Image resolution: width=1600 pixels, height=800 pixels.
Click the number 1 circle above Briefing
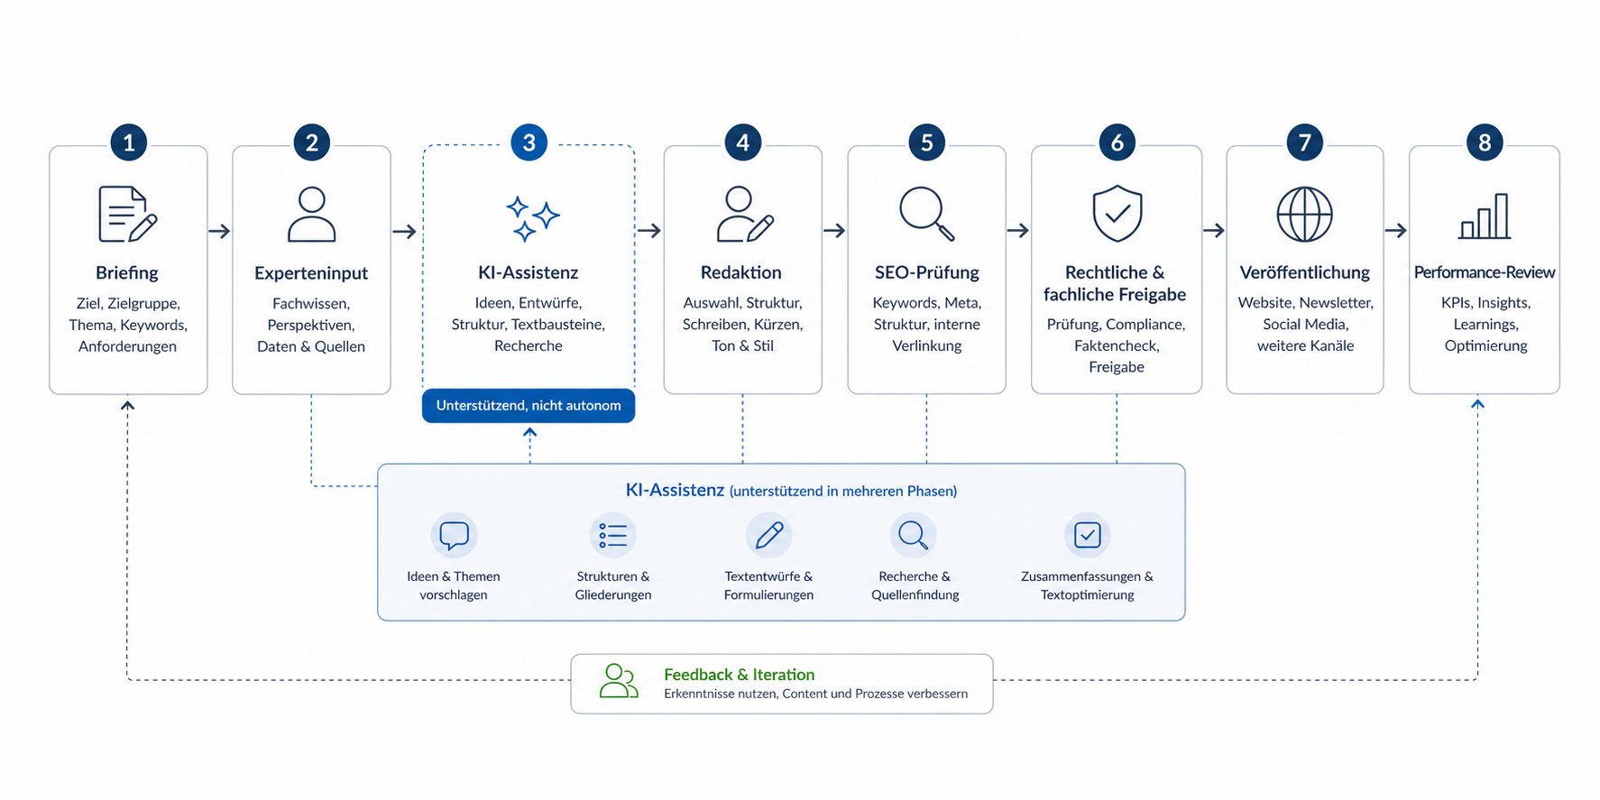pyautogui.click(x=129, y=143)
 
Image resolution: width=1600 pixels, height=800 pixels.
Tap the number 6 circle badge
pyautogui.click(x=1117, y=143)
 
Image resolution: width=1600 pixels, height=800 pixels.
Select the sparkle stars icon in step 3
pyautogui.click(x=531, y=217)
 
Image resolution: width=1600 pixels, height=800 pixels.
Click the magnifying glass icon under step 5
pyautogui.click(x=926, y=213)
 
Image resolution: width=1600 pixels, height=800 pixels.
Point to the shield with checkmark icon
pyautogui.click(x=1117, y=214)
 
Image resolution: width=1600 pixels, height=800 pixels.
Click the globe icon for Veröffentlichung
pyautogui.click(x=1304, y=215)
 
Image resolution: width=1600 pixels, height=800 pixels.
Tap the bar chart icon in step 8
pyautogui.click(x=1485, y=216)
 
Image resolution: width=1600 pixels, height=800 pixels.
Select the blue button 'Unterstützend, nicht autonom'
pyautogui.click(x=529, y=406)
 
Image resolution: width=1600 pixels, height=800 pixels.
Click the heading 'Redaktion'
pyautogui.click(x=741, y=272)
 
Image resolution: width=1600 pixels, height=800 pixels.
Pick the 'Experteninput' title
pyautogui.click(x=311, y=273)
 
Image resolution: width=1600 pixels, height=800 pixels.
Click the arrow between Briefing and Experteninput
pyautogui.click(x=219, y=232)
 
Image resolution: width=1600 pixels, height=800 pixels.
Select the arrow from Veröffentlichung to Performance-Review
pyautogui.click(x=1395, y=231)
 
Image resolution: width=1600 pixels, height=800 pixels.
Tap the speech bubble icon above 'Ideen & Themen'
pyautogui.click(x=454, y=536)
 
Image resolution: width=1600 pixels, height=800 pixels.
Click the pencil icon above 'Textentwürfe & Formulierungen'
pyautogui.click(x=769, y=536)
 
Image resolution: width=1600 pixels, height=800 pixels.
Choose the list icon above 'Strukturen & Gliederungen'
pyautogui.click(x=613, y=536)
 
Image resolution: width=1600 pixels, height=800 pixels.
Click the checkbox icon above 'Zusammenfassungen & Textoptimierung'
pyautogui.click(x=1087, y=536)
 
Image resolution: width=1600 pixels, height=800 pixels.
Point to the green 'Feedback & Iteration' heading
pyautogui.click(x=739, y=675)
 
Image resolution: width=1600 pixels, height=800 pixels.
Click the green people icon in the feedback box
pyautogui.click(x=619, y=682)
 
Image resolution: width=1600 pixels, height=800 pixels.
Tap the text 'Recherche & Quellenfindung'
pyautogui.click(x=915, y=585)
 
